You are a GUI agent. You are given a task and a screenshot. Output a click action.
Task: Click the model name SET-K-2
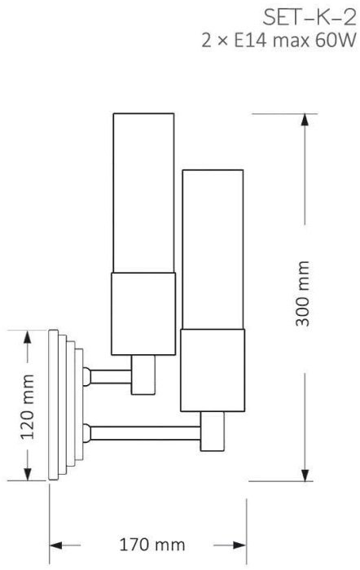click(x=310, y=18)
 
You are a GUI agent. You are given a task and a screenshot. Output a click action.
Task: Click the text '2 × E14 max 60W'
click(x=279, y=41)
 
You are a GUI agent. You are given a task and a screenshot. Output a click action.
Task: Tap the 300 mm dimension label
click(x=302, y=293)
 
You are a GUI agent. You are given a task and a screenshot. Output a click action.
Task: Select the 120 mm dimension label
click(x=27, y=406)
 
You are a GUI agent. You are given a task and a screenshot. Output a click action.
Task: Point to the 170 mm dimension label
click(x=152, y=545)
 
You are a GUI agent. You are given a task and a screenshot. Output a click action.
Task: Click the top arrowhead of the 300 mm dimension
click(x=305, y=120)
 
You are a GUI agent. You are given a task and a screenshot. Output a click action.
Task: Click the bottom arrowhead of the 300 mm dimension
click(x=305, y=475)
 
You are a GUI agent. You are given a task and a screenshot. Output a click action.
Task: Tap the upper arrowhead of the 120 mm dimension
click(x=27, y=336)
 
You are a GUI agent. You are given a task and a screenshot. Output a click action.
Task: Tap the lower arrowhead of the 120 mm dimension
click(x=27, y=474)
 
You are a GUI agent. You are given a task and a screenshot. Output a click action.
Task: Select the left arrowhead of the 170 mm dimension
click(x=55, y=546)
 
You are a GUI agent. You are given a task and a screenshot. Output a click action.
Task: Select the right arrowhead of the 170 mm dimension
click(x=240, y=546)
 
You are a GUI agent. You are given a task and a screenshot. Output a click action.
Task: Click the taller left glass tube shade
click(x=143, y=193)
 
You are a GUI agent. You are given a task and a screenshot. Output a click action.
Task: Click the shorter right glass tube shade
click(x=213, y=249)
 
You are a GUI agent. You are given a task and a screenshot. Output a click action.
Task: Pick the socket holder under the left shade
click(x=143, y=313)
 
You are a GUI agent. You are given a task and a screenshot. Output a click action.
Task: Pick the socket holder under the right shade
click(x=213, y=370)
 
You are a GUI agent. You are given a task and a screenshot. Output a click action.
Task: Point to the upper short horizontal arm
click(x=111, y=376)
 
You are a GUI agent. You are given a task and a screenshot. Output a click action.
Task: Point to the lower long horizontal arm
click(x=146, y=433)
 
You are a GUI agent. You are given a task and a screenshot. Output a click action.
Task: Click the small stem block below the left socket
click(x=143, y=375)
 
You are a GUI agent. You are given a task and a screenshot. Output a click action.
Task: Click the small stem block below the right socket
click(x=213, y=432)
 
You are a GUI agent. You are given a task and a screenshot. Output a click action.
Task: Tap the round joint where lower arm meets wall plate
click(x=86, y=433)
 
